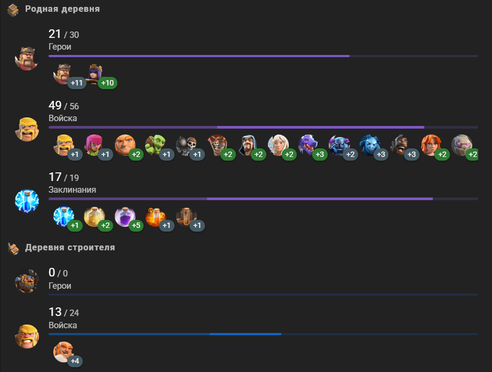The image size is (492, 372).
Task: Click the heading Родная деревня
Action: pyautogui.click(x=62, y=9)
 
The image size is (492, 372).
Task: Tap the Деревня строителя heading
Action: pyautogui.click(x=70, y=248)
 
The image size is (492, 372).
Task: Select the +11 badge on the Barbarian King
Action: pyautogui.click(x=77, y=83)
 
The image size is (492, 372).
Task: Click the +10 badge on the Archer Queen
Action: pyautogui.click(x=107, y=83)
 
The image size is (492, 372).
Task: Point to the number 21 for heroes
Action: pyautogui.click(x=55, y=34)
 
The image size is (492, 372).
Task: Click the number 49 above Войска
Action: pyautogui.click(x=55, y=106)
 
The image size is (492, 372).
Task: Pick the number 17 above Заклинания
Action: pyautogui.click(x=55, y=177)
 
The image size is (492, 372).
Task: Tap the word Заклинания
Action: pyautogui.click(x=73, y=190)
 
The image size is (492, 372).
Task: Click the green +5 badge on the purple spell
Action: pyautogui.click(x=136, y=226)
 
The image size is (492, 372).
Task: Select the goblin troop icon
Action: pyautogui.click(x=155, y=145)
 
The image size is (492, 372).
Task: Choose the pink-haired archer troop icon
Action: pyautogui.click(x=94, y=145)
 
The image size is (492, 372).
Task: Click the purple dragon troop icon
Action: pyautogui.click(x=308, y=145)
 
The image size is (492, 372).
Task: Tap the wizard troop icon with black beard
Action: pyautogui.click(x=248, y=145)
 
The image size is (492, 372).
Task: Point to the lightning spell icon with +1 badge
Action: pyautogui.click(x=64, y=216)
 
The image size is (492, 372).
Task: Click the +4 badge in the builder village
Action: pyautogui.click(x=75, y=361)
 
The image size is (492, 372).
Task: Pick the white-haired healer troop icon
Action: pyautogui.click(x=278, y=145)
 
